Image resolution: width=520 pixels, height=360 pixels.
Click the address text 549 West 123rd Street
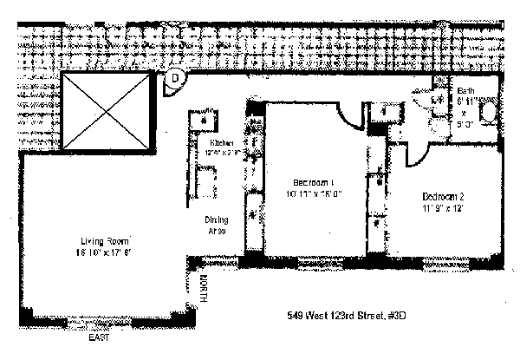[334, 316]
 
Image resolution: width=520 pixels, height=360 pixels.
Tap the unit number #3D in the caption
[395, 316]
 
